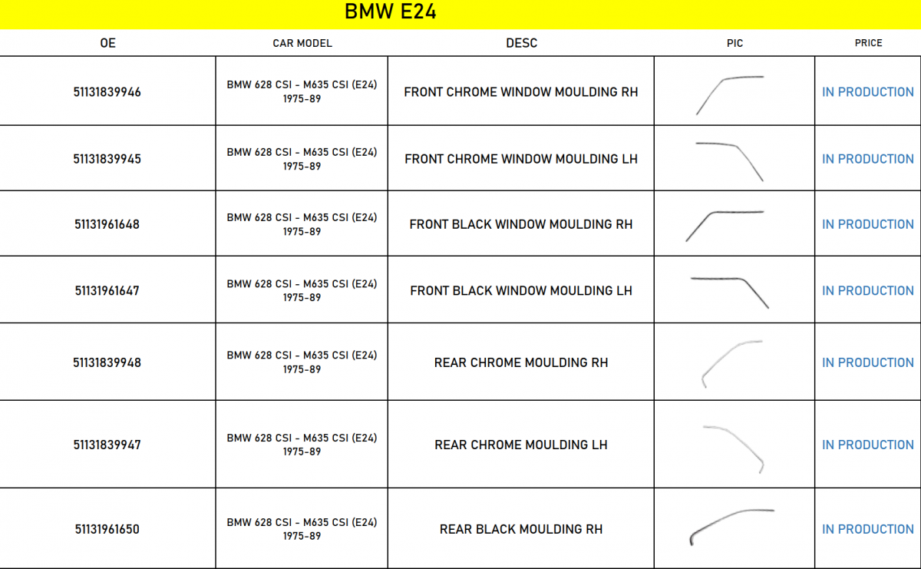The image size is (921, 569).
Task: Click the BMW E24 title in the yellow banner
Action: tap(390, 12)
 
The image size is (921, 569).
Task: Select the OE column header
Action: tap(107, 43)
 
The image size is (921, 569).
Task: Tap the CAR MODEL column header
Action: tap(302, 43)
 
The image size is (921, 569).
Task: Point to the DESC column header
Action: tap(521, 43)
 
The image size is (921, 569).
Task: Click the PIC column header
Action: tap(734, 43)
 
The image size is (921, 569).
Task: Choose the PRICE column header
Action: tap(868, 43)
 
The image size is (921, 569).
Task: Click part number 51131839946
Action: tap(107, 91)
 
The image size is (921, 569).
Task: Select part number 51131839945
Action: tap(107, 159)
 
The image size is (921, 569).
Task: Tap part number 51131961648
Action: tap(107, 224)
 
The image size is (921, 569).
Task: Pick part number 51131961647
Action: tap(107, 291)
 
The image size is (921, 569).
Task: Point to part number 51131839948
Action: tap(107, 362)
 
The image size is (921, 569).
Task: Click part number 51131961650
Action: tap(107, 529)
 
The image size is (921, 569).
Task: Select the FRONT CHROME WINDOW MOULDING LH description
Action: tap(521, 159)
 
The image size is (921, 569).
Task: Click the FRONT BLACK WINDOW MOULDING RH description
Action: tap(521, 224)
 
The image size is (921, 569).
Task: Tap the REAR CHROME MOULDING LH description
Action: tap(521, 445)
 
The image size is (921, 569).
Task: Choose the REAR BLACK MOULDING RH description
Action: tap(521, 529)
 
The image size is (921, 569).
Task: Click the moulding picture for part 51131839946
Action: tap(730, 95)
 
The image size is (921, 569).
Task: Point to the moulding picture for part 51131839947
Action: tap(734, 449)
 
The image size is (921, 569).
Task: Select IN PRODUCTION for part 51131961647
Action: tap(867, 291)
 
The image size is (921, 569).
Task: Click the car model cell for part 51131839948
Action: tap(302, 362)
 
